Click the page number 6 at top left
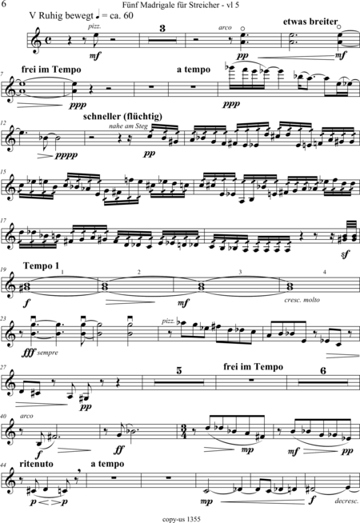[x=3, y=4]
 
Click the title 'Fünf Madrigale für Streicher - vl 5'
[x=181, y=6]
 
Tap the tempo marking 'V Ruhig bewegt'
[x=61, y=16]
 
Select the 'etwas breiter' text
[x=310, y=22]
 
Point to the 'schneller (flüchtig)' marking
[x=122, y=117]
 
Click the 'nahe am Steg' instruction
[x=128, y=126]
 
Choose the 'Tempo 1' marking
[x=41, y=265]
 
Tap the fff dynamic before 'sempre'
[x=29, y=352]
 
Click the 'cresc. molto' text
[x=302, y=300]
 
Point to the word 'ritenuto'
[x=36, y=464]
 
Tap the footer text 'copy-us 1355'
[x=182, y=519]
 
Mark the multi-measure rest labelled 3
[x=162, y=40]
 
